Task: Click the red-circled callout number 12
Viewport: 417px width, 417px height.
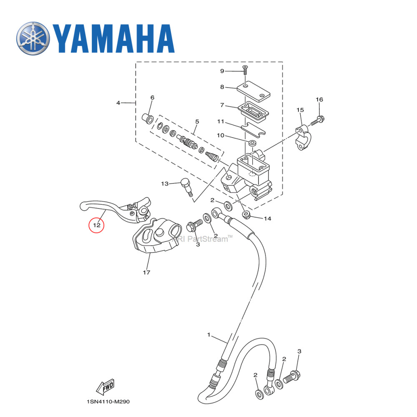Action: (x=96, y=226)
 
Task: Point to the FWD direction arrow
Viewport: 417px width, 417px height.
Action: (x=105, y=387)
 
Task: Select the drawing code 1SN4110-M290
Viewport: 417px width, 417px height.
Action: (x=108, y=402)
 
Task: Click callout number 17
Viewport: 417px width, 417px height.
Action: (x=146, y=272)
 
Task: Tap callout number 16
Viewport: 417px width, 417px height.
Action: (x=319, y=100)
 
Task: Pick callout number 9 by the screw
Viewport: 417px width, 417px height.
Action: (x=234, y=71)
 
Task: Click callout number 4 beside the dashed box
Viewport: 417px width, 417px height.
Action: (x=118, y=103)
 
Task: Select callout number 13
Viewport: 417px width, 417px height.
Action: (x=165, y=183)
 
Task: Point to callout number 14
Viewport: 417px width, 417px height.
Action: (x=267, y=218)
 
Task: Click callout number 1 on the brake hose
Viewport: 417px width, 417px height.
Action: (x=209, y=335)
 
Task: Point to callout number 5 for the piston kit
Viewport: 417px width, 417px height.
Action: (x=197, y=122)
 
